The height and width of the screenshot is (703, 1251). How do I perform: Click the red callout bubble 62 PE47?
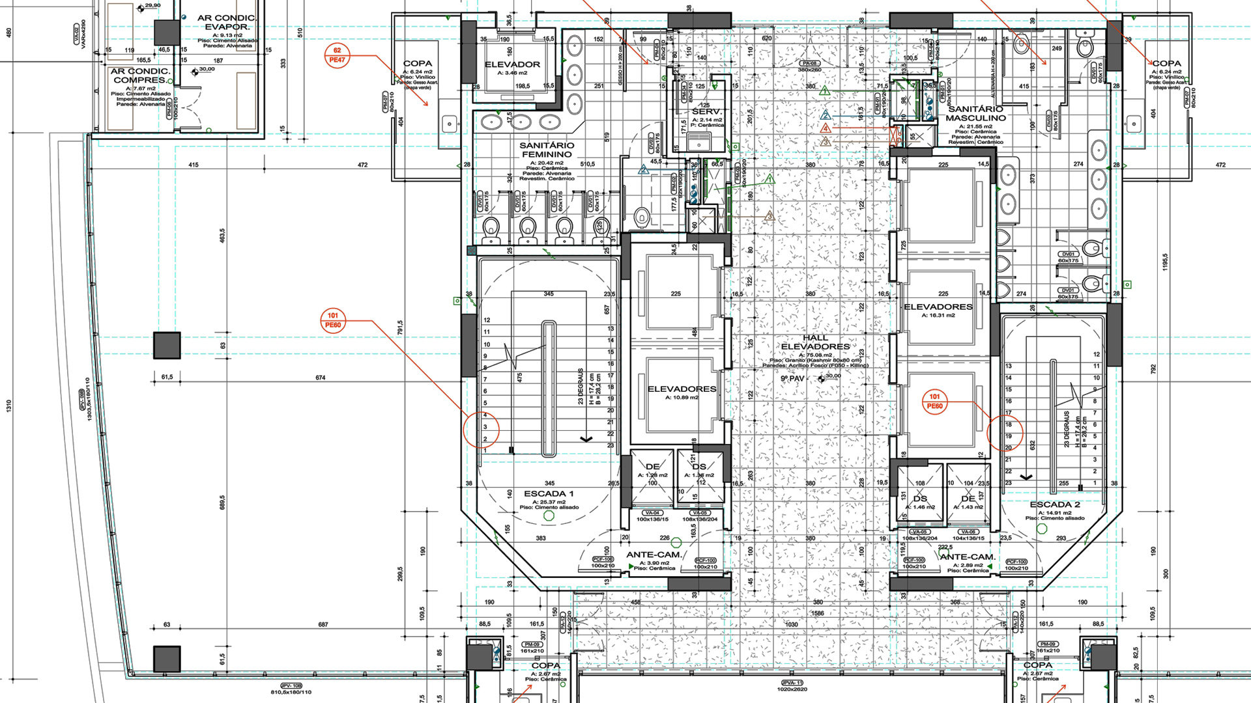[337, 55]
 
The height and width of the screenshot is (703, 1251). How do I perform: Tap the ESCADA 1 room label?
[549, 493]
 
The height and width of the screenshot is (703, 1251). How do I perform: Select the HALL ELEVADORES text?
[815, 342]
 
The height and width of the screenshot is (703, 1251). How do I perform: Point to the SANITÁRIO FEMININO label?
[547, 150]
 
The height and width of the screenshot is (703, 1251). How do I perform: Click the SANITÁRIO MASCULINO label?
[975, 113]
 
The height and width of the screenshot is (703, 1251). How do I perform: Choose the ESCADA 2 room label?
[1055, 504]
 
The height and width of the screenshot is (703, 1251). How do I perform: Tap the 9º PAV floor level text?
[793, 378]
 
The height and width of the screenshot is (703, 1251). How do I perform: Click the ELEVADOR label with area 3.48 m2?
[512, 64]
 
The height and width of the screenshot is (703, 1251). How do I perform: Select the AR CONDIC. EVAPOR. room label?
[227, 22]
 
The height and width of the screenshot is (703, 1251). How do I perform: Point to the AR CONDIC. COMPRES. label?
[140, 76]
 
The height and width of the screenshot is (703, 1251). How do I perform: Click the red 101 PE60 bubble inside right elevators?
[934, 401]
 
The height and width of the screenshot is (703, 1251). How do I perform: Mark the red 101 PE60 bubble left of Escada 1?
[333, 320]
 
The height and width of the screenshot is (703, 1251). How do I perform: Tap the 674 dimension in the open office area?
[320, 378]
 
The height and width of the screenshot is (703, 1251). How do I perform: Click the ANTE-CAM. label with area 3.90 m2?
[654, 555]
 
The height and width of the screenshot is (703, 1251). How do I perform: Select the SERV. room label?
[707, 112]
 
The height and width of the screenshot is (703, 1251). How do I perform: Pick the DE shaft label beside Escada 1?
[652, 467]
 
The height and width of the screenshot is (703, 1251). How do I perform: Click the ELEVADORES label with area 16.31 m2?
[938, 307]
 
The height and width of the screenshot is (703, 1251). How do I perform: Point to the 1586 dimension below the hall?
[817, 613]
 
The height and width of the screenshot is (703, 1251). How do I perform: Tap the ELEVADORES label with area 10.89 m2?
[682, 389]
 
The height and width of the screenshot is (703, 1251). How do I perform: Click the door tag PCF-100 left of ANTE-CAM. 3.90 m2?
[603, 560]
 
